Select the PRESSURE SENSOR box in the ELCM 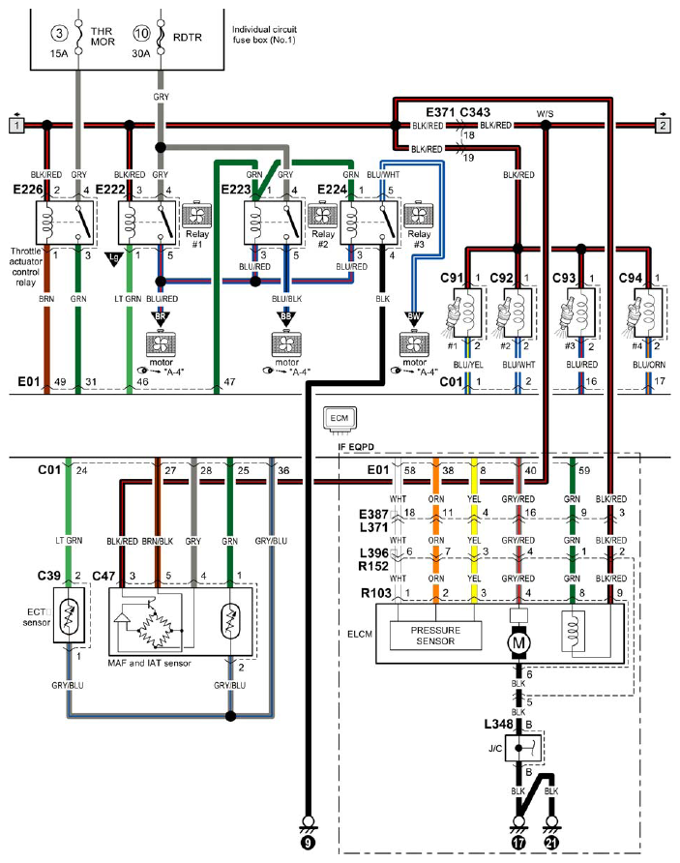pyautogui.click(x=435, y=635)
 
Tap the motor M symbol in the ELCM pyautogui.click(x=518, y=642)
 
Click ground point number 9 pyautogui.click(x=309, y=842)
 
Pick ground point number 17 pyautogui.click(x=518, y=842)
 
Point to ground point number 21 pyautogui.click(x=550, y=842)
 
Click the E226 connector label pyautogui.click(x=28, y=190)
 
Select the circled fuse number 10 pyautogui.click(x=141, y=34)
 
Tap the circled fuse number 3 pyautogui.click(x=59, y=34)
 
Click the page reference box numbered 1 pyautogui.click(x=16, y=126)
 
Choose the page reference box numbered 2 pyautogui.click(x=663, y=126)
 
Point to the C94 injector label pyautogui.click(x=630, y=278)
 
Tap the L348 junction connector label pyautogui.click(x=498, y=725)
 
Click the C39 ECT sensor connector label pyautogui.click(x=49, y=576)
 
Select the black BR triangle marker pyautogui.click(x=161, y=318)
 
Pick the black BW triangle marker pyautogui.click(x=414, y=318)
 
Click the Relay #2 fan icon pyautogui.click(x=322, y=216)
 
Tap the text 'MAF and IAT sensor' pyautogui.click(x=150, y=663)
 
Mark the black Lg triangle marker pyautogui.click(x=114, y=258)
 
